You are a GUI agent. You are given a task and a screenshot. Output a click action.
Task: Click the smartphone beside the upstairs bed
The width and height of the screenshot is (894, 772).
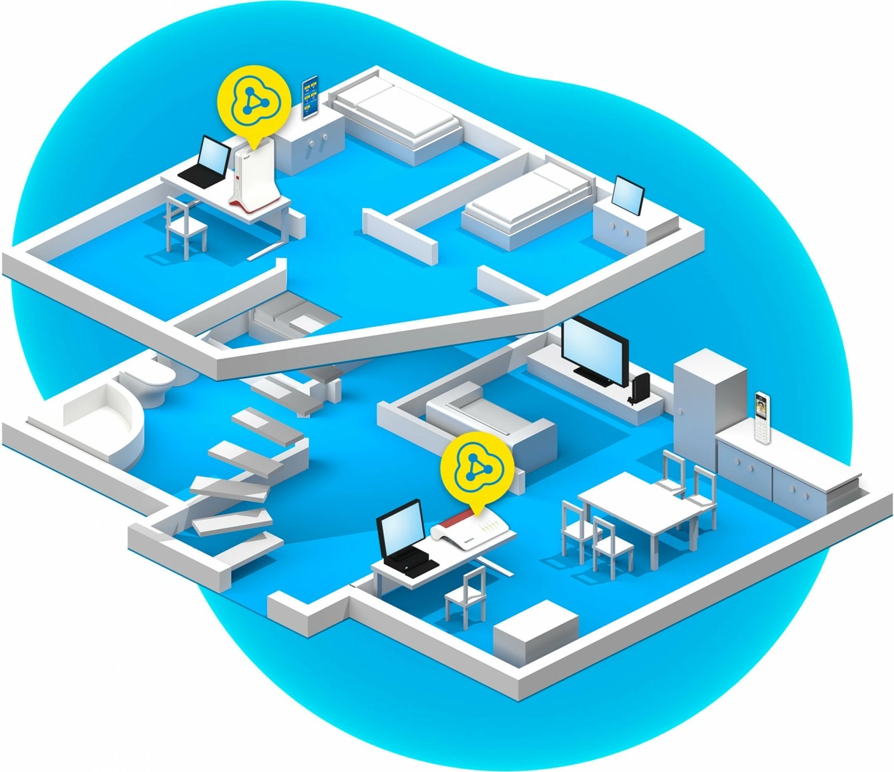[310, 97]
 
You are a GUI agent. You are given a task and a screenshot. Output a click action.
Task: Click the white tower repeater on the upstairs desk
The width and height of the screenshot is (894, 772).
[254, 178]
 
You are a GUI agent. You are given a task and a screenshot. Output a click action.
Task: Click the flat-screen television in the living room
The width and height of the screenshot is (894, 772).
[593, 351]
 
